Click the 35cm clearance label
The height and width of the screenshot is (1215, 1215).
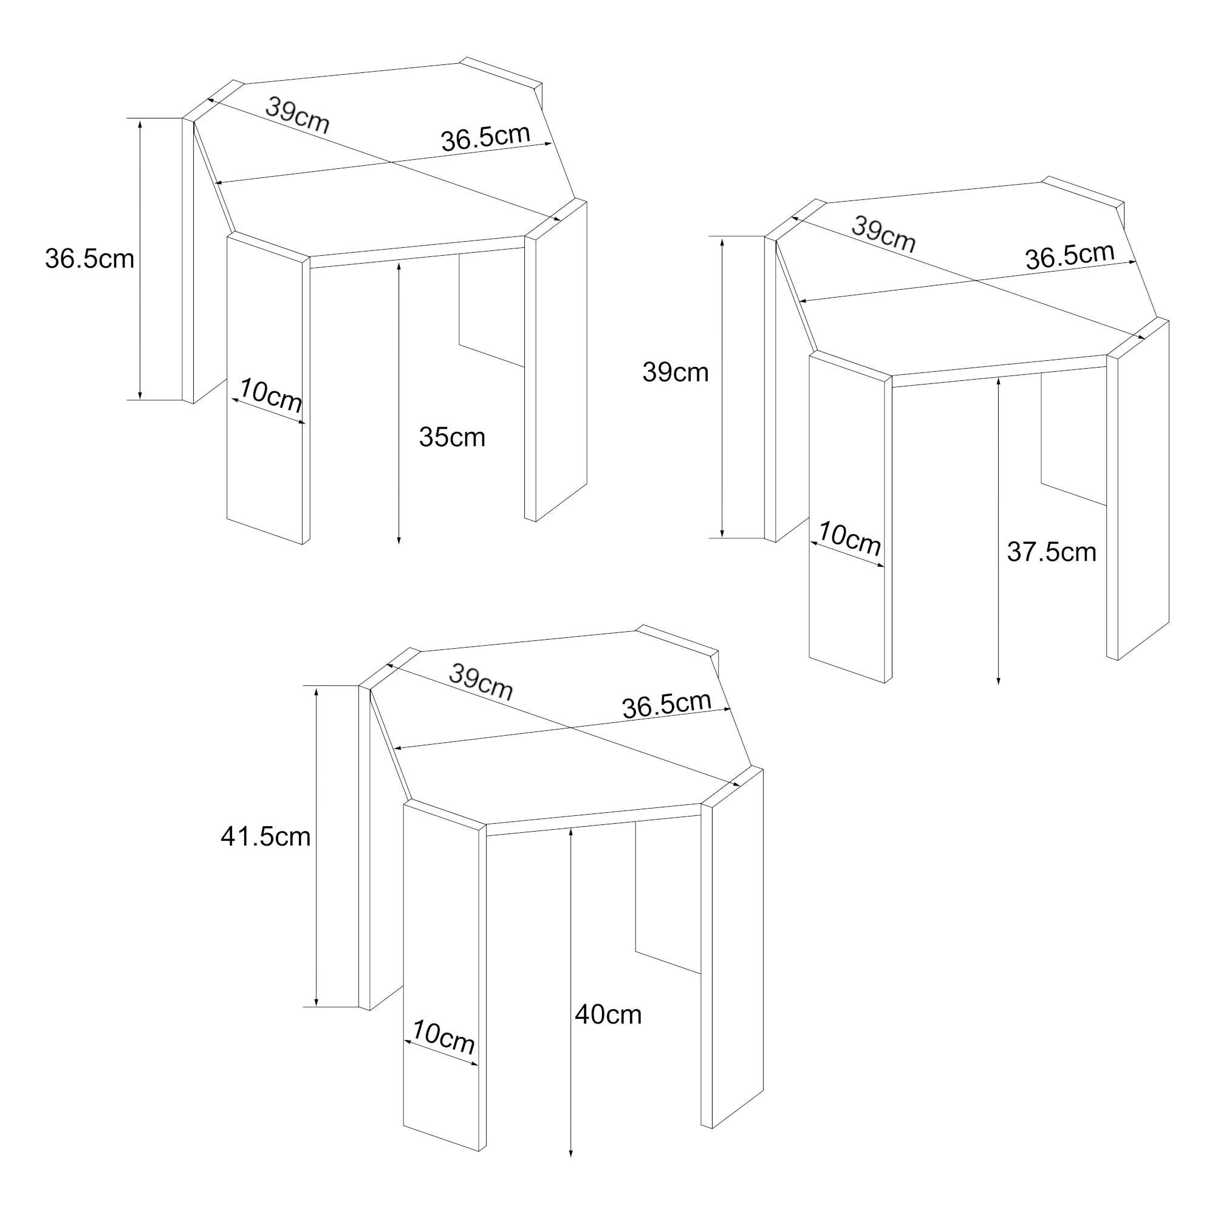click(452, 437)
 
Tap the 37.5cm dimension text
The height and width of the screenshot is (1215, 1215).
click(1052, 552)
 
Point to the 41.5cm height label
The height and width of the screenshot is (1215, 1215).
click(265, 837)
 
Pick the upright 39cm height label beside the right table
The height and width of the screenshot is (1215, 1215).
click(676, 373)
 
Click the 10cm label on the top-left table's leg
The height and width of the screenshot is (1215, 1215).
click(270, 395)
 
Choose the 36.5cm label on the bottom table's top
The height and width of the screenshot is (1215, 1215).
click(666, 705)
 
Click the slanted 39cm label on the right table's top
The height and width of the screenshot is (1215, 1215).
click(883, 234)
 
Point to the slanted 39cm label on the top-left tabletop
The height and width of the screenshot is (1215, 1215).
click(297, 115)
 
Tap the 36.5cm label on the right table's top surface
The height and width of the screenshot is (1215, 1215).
click(1070, 256)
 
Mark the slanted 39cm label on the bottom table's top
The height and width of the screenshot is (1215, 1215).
click(481, 682)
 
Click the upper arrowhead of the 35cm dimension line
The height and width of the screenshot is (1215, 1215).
click(399, 267)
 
